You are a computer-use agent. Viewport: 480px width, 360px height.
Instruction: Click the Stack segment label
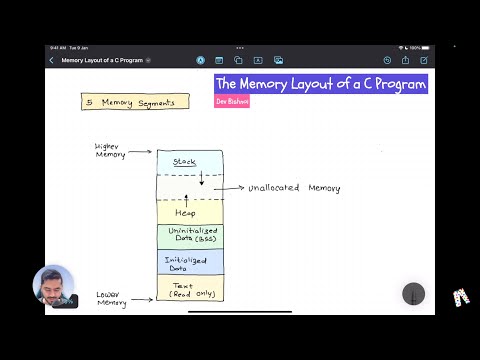tap(184, 162)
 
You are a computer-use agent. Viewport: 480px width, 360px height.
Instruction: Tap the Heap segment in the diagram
tap(186, 213)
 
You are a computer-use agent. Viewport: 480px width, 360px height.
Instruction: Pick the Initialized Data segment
tap(190, 262)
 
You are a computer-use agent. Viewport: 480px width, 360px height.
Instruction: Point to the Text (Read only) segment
tap(190, 289)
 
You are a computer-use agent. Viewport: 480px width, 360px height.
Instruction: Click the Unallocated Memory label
tap(294, 188)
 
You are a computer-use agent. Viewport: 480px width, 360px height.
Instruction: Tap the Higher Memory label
tap(110, 150)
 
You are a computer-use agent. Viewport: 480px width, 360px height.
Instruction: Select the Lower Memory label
tap(110, 299)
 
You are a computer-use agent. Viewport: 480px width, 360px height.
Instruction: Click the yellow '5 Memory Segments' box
tap(135, 102)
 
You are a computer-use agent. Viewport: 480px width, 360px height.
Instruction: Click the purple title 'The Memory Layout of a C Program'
tap(321, 84)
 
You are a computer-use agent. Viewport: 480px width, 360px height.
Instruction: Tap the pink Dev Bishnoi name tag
tap(232, 102)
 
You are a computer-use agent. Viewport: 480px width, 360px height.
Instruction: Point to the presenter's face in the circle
tap(53, 286)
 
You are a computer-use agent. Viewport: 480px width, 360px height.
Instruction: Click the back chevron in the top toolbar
tap(52, 60)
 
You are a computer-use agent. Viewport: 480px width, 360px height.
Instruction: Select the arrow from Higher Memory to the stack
tap(142, 152)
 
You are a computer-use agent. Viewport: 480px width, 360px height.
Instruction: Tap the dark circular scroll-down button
tap(413, 294)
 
